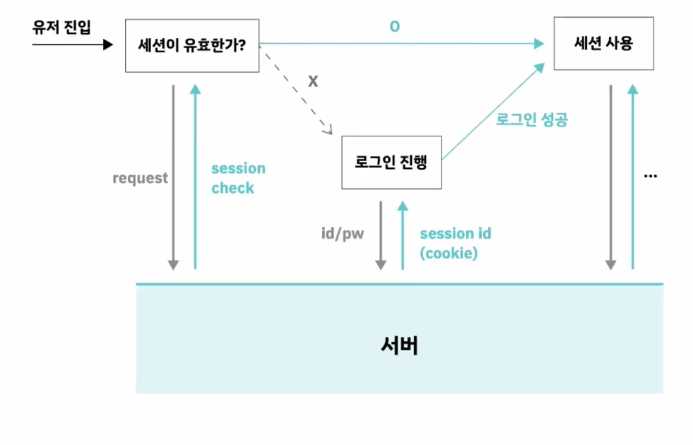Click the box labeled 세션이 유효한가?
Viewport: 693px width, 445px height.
(192, 45)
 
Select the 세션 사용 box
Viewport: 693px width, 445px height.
(603, 42)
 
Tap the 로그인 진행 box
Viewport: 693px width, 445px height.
(391, 162)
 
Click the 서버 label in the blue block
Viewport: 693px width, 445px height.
(399, 345)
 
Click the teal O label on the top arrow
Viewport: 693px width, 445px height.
(394, 27)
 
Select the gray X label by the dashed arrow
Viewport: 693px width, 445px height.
(313, 81)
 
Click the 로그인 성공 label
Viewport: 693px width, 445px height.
(533, 120)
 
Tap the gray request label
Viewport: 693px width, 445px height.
(141, 178)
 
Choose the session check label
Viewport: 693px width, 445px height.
(238, 178)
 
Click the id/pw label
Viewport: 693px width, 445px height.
(343, 233)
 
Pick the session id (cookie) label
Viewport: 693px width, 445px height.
(455, 243)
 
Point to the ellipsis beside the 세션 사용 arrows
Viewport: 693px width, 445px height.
(651, 174)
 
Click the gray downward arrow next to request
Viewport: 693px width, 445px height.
(172, 177)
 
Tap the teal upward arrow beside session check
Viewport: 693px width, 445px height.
(195, 177)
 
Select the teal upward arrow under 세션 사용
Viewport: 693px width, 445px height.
(632, 177)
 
